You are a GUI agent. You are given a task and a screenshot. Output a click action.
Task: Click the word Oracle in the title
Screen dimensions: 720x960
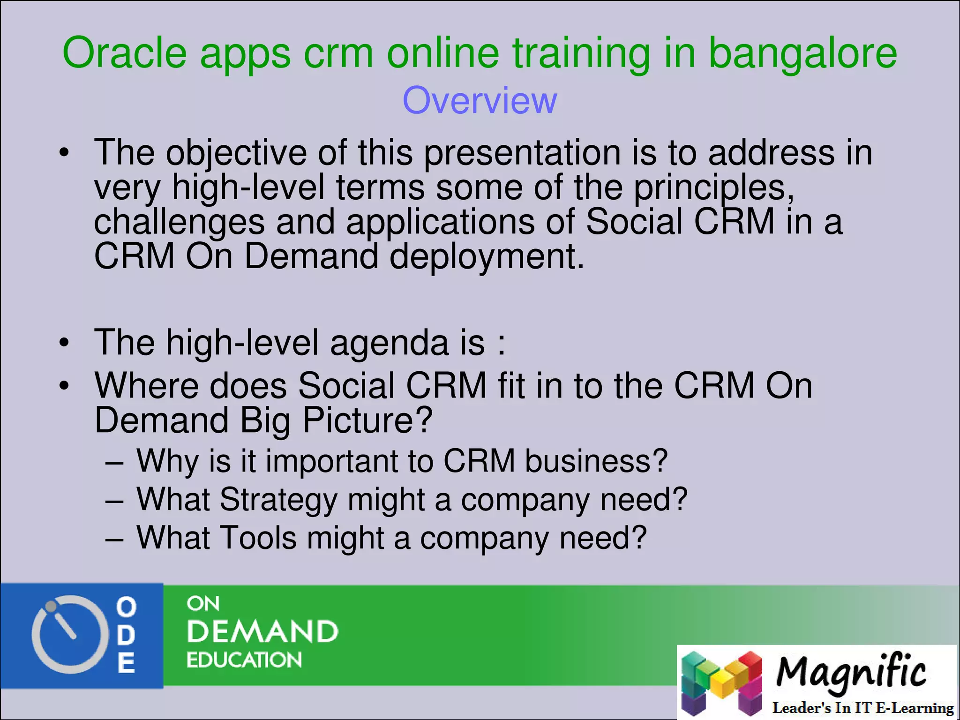pyautogui.click(x=125, y=52)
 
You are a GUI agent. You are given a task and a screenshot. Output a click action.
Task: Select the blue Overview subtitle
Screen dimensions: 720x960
pyautogui.click(x=480, y=100)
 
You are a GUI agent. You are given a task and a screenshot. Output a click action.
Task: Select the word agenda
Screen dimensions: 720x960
pyautogui.click(x=389, y=343)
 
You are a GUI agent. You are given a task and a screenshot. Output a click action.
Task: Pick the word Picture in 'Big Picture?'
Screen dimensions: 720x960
pyautogui.click(x=367, y=420)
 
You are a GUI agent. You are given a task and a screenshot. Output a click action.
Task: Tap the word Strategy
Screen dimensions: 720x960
pyautogui.click(x=278, y=500)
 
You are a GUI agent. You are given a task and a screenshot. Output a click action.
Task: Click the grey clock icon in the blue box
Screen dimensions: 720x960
pyautogui.click(x=66, y=634)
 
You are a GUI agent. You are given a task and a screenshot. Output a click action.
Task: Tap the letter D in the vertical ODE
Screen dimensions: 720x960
pyautogui.click(x=126, y=635)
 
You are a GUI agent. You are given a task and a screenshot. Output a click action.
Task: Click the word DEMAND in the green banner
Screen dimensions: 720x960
pyautogui.click(x=262, y=631)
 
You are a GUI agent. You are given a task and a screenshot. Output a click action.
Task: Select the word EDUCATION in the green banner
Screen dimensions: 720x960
pyautogui.click(x=244, y=660)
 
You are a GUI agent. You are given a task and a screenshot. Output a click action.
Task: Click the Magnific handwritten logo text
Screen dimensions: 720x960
pyautogui.click(x=850, y=672)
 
